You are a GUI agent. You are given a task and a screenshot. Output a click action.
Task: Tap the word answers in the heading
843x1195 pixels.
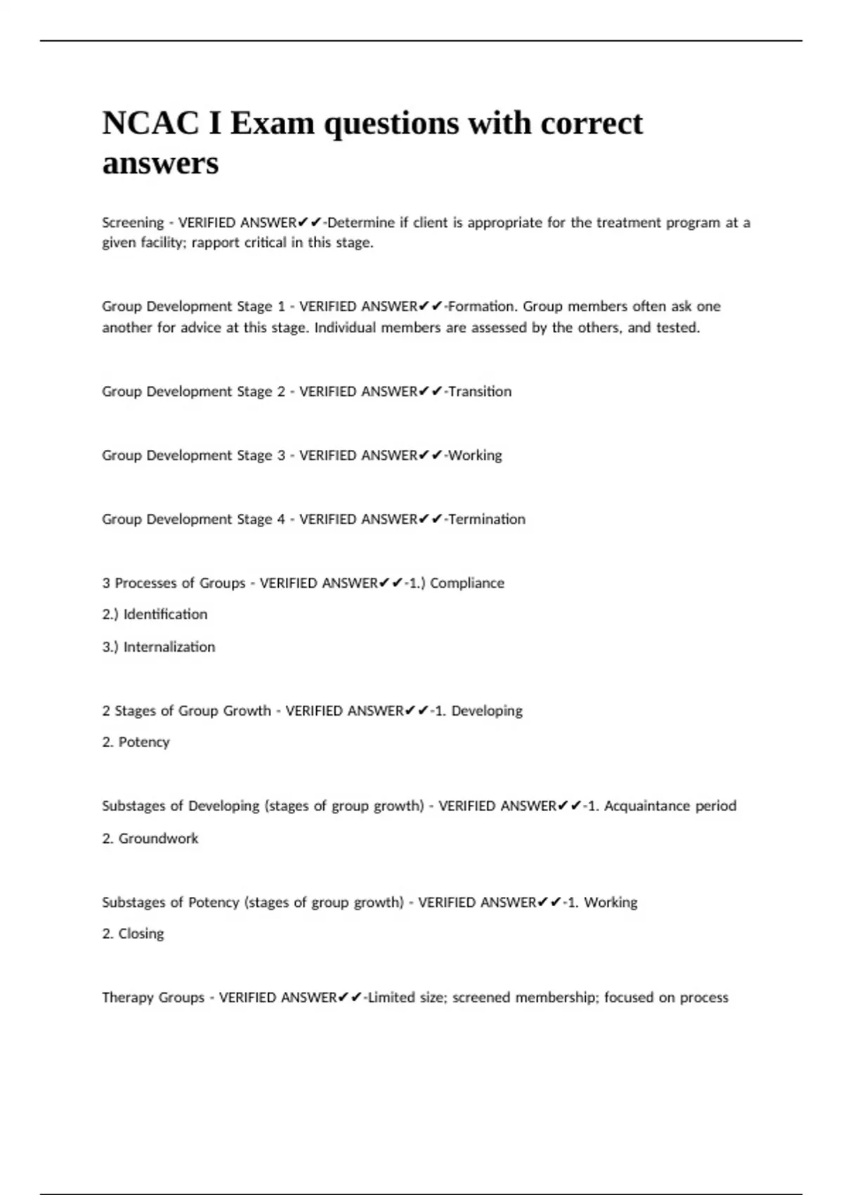point(161,164)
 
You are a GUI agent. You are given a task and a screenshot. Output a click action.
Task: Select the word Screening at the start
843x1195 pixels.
point(133,223)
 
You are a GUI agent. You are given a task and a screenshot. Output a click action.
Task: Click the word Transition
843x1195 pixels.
point(480,392)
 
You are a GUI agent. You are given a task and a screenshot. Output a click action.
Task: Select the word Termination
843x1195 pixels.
point(487,519)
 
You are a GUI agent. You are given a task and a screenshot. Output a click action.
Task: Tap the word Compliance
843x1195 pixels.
point(467,583)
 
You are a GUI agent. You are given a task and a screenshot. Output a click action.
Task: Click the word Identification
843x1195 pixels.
point(166,614)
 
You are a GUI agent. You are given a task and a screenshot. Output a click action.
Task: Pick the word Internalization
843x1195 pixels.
point(169,647)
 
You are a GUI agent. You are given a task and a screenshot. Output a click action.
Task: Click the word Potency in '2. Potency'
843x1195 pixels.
point(144,742)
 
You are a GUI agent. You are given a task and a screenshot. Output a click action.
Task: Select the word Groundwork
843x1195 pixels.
point(158,839)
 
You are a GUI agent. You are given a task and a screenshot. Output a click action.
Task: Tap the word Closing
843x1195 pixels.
point(141,934)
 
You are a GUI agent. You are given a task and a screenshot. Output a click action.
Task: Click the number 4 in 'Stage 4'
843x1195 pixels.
point(281,519)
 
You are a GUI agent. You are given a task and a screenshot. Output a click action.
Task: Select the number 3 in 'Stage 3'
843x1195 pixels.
point(281,456)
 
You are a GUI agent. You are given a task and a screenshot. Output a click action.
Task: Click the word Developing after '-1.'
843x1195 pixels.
point(487,711)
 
